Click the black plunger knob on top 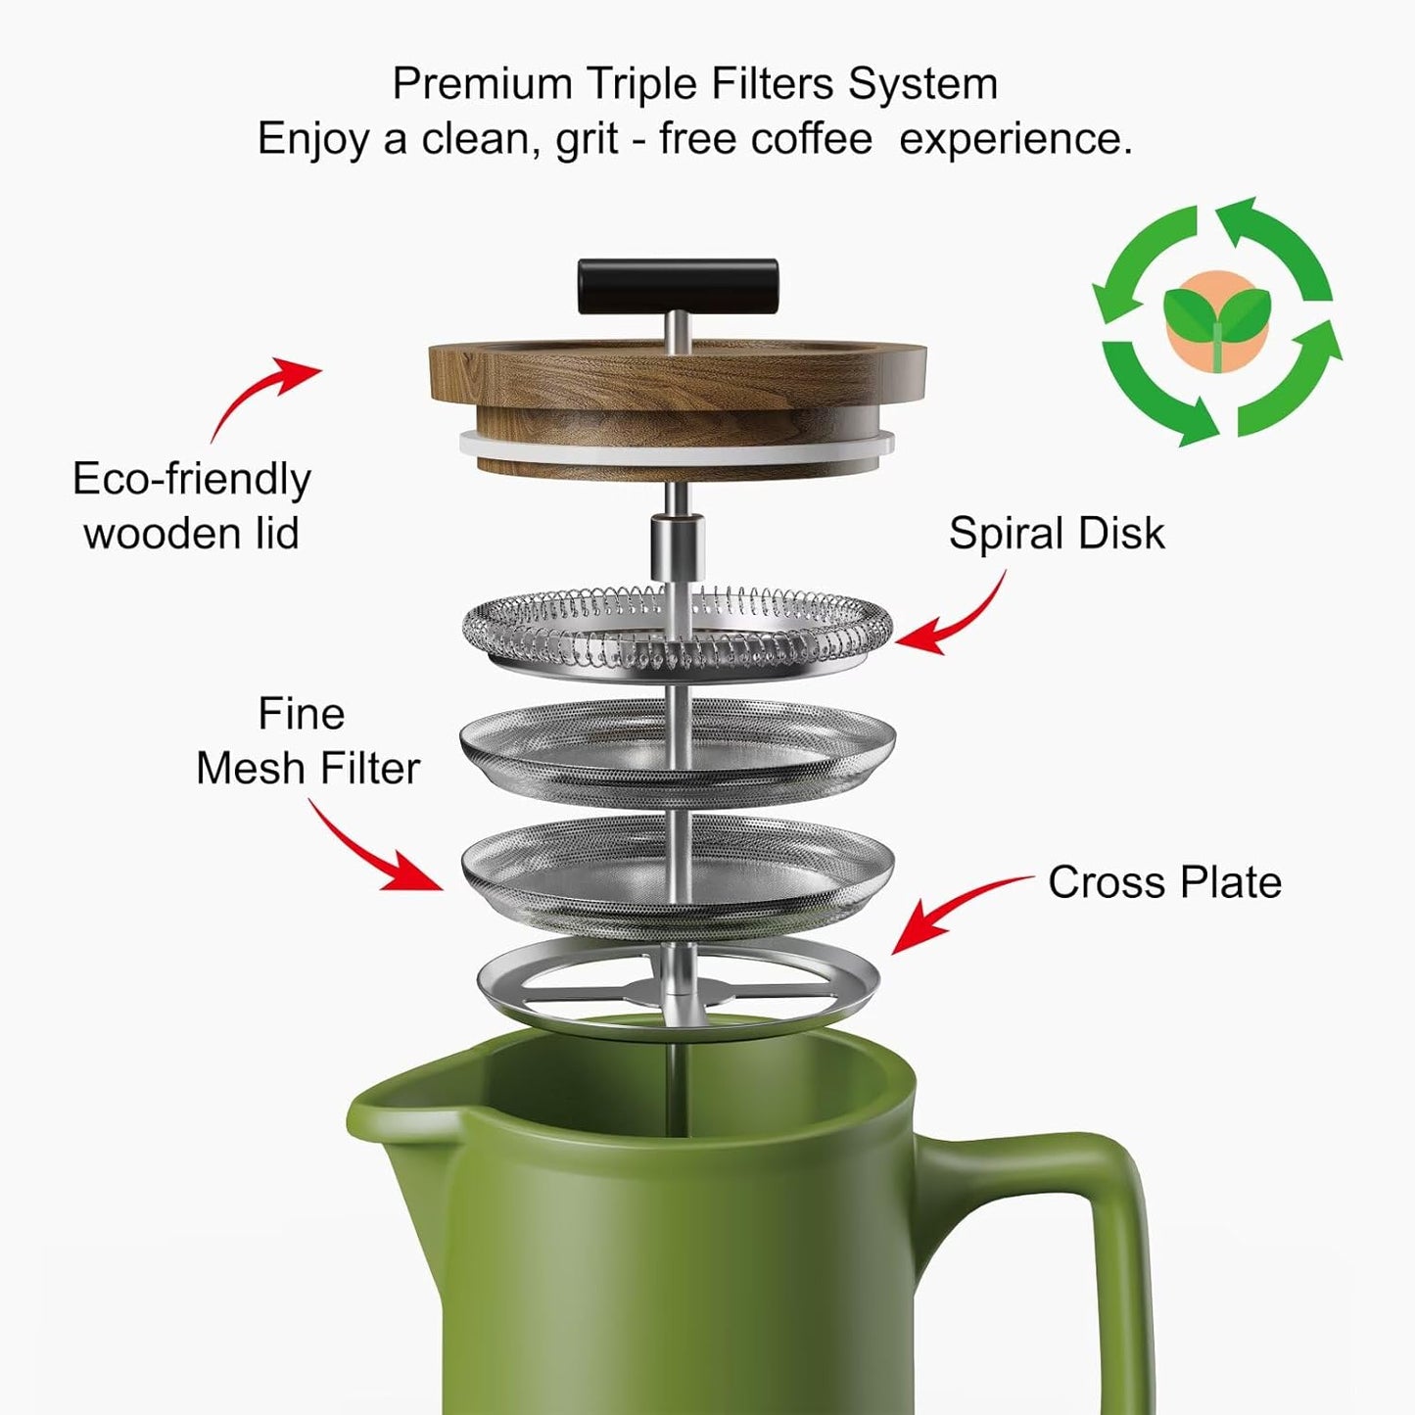678,285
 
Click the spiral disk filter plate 677,632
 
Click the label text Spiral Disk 1057,534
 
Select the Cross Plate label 1164,882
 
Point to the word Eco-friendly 192,480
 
